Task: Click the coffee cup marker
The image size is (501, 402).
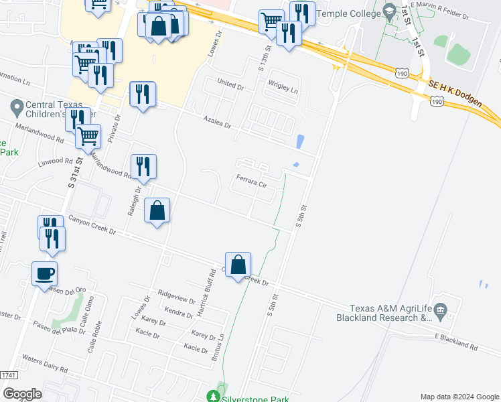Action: [44, 273]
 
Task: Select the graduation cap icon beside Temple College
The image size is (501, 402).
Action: [389, 12]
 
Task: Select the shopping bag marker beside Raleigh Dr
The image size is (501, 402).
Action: [157, 211]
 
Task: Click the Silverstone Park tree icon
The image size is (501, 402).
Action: [214, 397]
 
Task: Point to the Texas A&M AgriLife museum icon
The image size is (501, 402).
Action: [440, 310]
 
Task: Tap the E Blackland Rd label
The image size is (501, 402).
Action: [456, 341]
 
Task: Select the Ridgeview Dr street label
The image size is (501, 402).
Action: [175, 297]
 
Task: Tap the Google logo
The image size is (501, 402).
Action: [21, 393]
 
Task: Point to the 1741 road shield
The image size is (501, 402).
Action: [8, 375]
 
